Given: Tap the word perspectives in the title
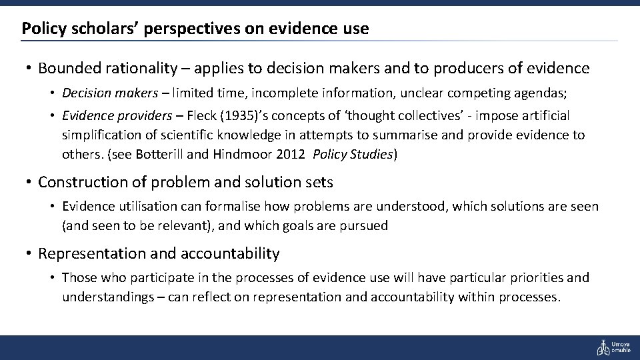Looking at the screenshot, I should pos(169,29).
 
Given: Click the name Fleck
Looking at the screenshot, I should pos(201,116).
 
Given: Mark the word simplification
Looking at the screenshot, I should pos(99,135).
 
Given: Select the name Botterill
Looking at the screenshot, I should pos(161,154).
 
